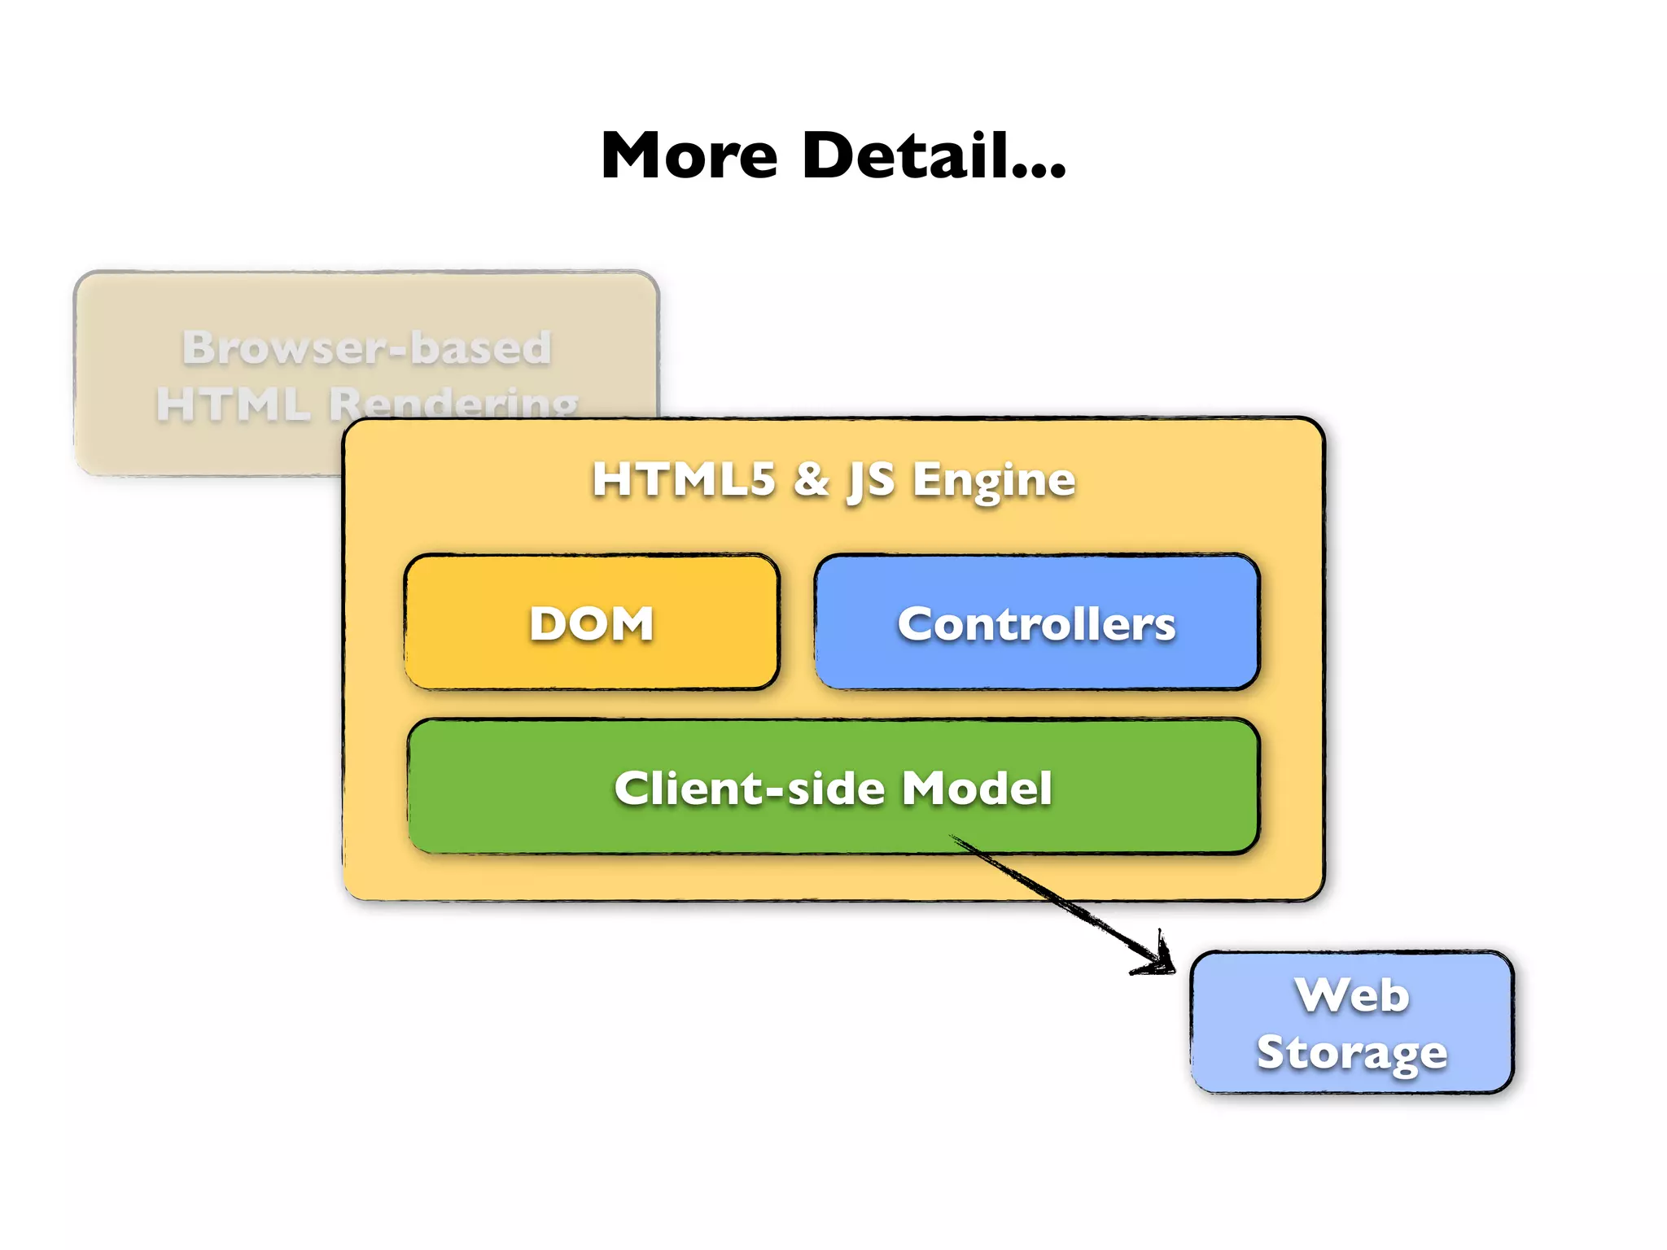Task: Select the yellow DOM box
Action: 592,623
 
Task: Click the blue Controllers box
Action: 1036,623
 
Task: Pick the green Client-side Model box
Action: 833,788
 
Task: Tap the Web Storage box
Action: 1351,1023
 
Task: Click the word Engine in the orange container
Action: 994,480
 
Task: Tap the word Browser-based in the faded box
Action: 367,347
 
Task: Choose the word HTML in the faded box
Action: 234,404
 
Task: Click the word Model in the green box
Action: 977,788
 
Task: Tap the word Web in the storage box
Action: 1352,995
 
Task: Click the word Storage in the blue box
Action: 1351,1052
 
